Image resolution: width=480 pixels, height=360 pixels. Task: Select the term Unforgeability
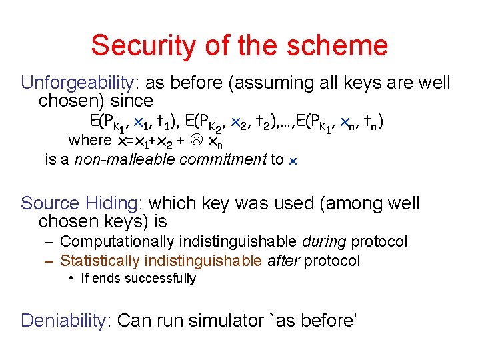tap(78, 83)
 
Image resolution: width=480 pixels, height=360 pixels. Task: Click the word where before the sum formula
tap(90, 141)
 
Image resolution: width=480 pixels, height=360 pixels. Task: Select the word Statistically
tap(100, 261)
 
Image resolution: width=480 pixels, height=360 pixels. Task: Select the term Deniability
tap(64, 321)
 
